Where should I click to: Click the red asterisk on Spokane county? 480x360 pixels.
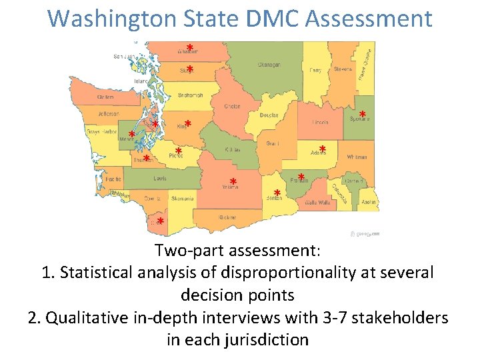point(363,115)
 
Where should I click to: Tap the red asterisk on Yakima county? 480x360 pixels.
point(233,183)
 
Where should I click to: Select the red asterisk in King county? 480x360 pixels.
point(188,124)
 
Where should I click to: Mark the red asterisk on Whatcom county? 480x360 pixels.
point(190,49)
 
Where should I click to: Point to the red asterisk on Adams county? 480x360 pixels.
point(322,149)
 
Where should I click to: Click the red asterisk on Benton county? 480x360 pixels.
point(277,194)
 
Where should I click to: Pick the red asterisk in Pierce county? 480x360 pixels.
point(179,152)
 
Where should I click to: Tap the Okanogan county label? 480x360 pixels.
point(269,65)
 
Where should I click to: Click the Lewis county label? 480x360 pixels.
point(160,179)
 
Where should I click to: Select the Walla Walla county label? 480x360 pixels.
point(317,202)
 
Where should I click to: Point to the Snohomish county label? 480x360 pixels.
point(191,95)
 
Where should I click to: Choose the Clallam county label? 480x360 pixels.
point(105,97)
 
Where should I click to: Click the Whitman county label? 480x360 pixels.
point(357,157)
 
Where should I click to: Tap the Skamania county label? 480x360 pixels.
point(182,198)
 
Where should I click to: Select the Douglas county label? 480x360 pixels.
point(269,115)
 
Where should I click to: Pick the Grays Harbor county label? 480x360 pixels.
point(101,132)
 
